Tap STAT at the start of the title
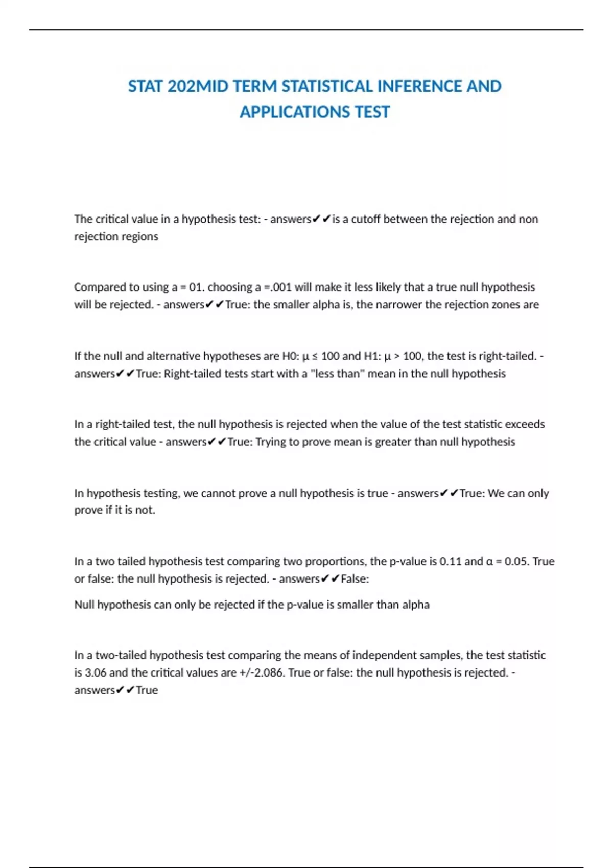click(x=146, y=86)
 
